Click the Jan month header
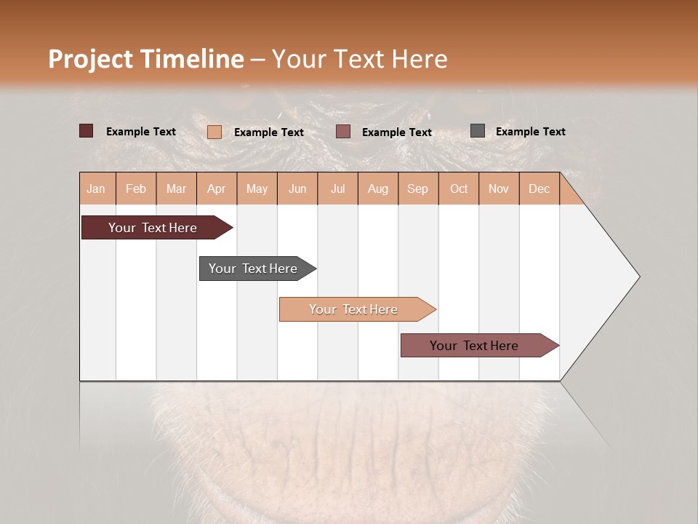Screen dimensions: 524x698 [97, 188]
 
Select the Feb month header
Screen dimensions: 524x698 [136, 188]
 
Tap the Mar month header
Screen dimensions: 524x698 [176, 188]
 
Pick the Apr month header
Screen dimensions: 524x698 [217, 188]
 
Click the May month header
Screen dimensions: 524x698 [257, 188]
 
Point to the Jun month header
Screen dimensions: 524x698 [297, 188]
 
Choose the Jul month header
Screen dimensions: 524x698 [337, 188]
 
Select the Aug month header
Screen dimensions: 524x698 [378, 188]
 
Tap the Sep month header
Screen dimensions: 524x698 [418, 188]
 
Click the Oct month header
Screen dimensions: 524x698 [459, 188]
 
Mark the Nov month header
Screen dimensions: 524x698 [499, 188]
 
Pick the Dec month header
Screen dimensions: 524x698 [539, 188]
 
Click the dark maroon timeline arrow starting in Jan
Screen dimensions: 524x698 [153, 228]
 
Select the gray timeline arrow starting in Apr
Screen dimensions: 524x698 [254, 269]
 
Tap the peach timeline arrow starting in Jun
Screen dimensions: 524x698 [354, 309]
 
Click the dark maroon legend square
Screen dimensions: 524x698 [87, 131]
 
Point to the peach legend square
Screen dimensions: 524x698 [214, 132]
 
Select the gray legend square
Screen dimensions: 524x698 [478, 131]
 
